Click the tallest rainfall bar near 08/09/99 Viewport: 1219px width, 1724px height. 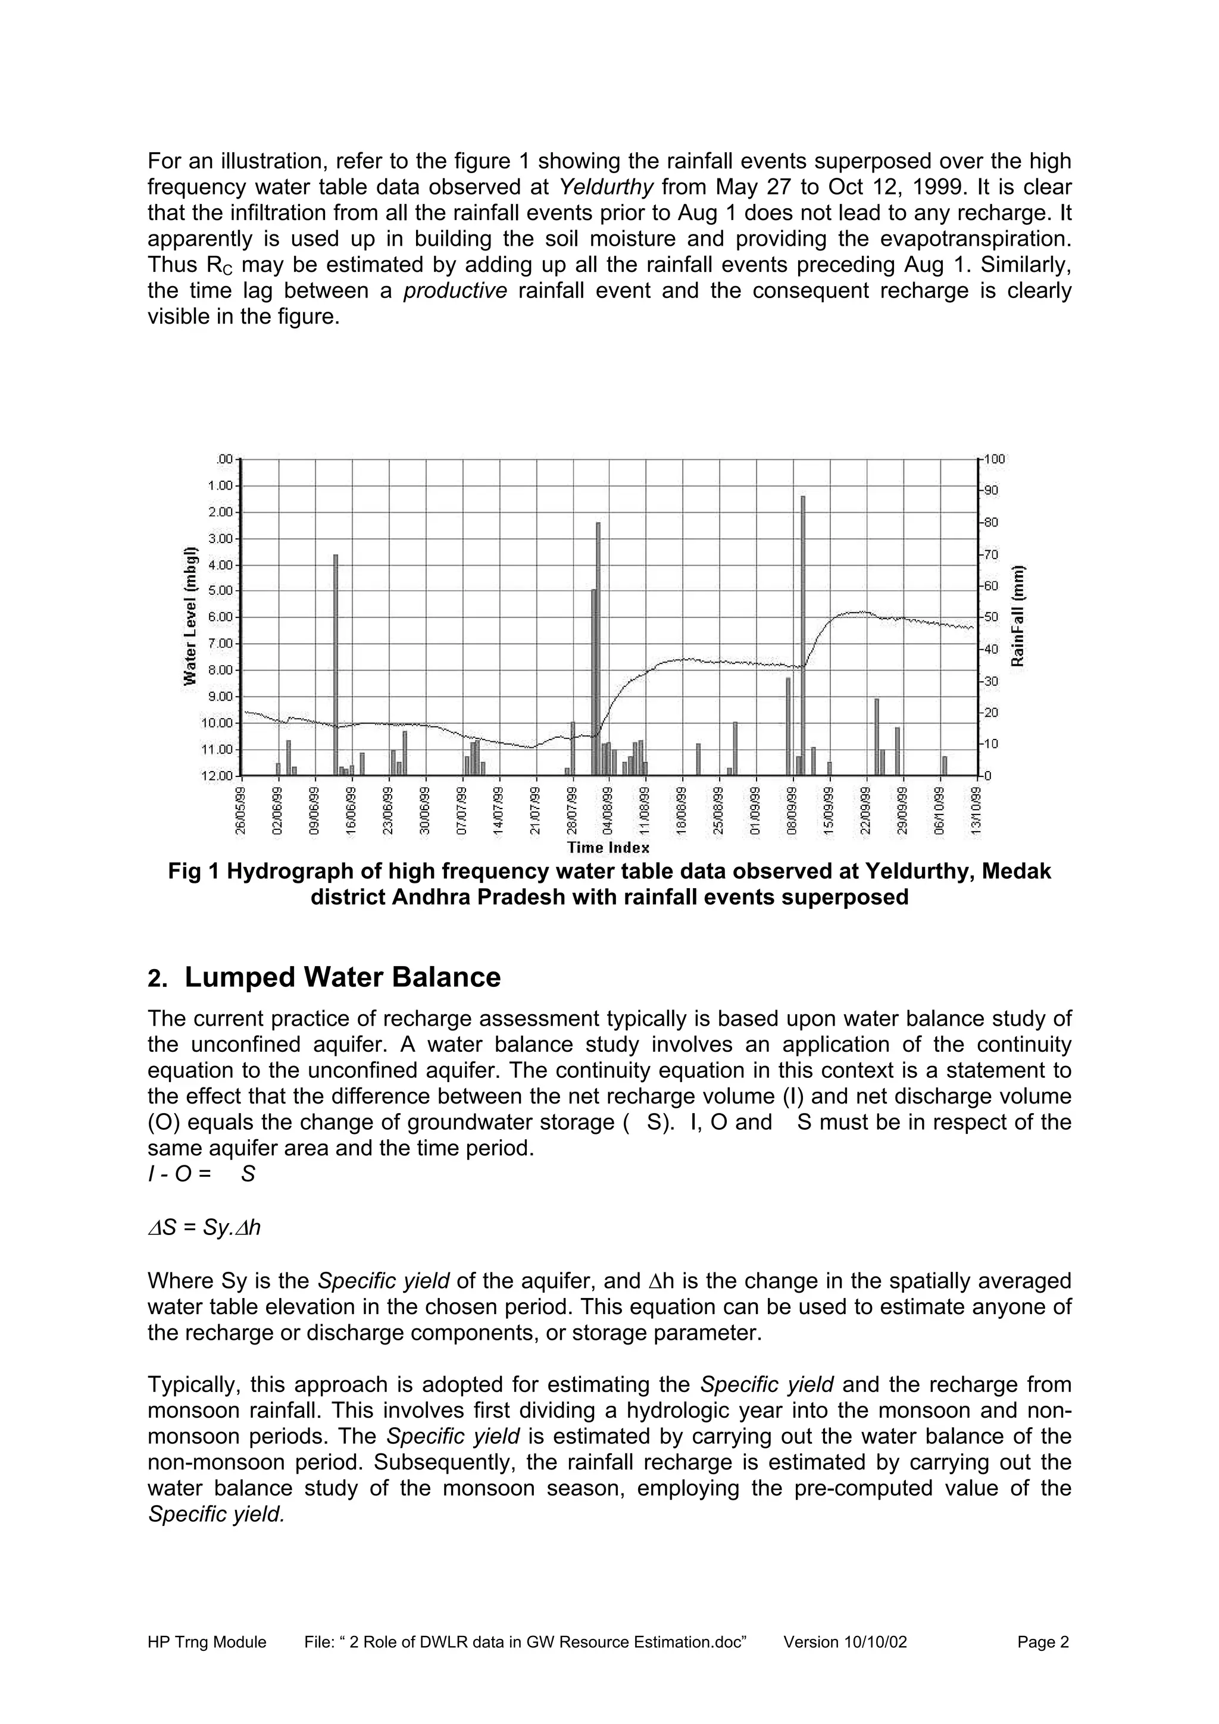point(803,635)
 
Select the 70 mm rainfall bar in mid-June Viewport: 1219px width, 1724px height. point(336,664)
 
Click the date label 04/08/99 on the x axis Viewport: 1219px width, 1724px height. point(608,810)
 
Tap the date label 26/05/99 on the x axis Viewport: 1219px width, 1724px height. point(240,810)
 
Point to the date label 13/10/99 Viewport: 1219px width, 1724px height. point(976,810)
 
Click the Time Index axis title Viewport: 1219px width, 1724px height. point(608,848)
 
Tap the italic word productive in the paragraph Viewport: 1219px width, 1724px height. point(455,290)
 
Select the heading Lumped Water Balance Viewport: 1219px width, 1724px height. point(342,977)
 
